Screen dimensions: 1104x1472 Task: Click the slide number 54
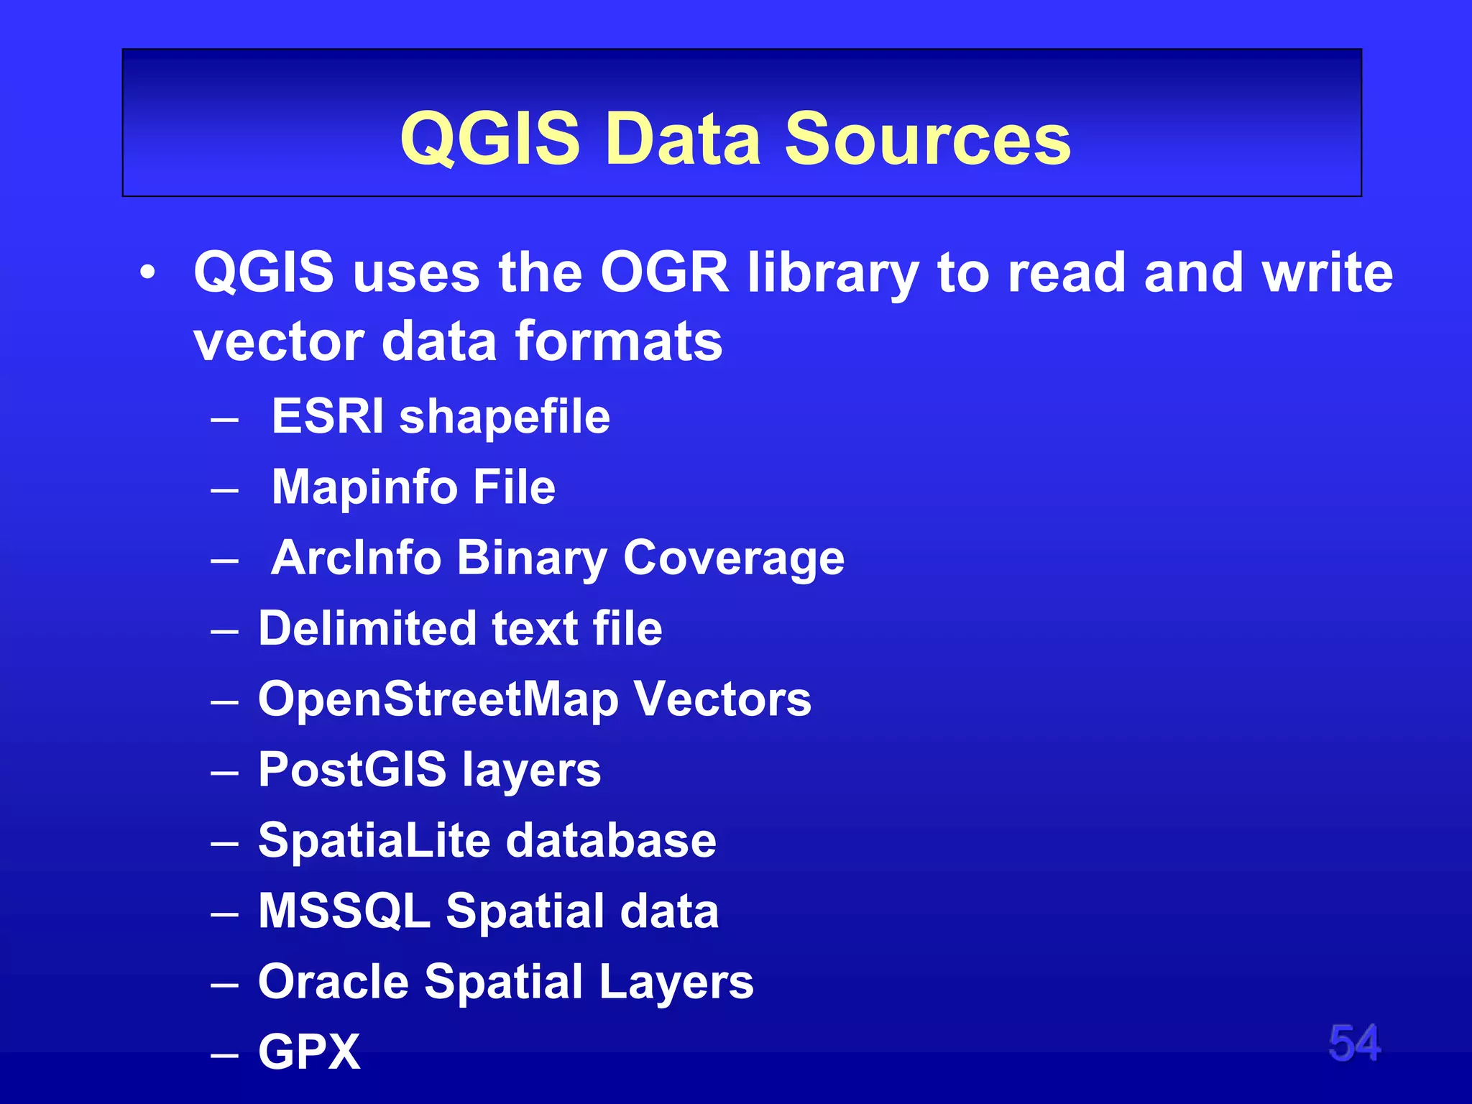click(x=1354, y=1043)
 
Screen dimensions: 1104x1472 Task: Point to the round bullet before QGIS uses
click(x=147, y=274)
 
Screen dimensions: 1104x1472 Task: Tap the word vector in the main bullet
click(x=278, y=341)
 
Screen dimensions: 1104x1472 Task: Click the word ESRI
click(x=327, y=416)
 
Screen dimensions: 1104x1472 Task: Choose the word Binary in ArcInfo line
click(x=532, y=558)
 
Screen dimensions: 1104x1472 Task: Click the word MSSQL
click(x=344, y=911)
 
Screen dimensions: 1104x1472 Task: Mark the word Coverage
click(x=733, y=558)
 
